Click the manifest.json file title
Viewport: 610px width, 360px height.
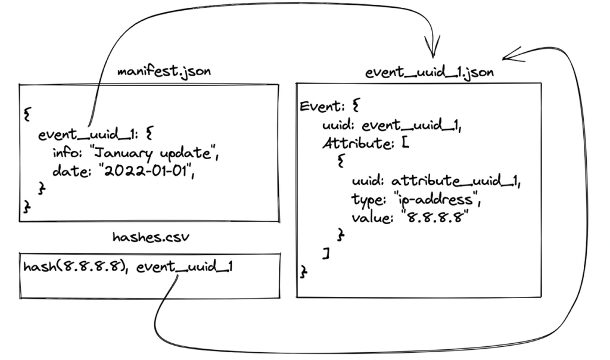(164, 72)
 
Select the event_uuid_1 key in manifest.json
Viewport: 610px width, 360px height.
(89, 135)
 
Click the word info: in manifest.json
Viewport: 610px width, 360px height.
(67, 156)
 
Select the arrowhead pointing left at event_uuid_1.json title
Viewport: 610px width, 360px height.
(512, 57)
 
